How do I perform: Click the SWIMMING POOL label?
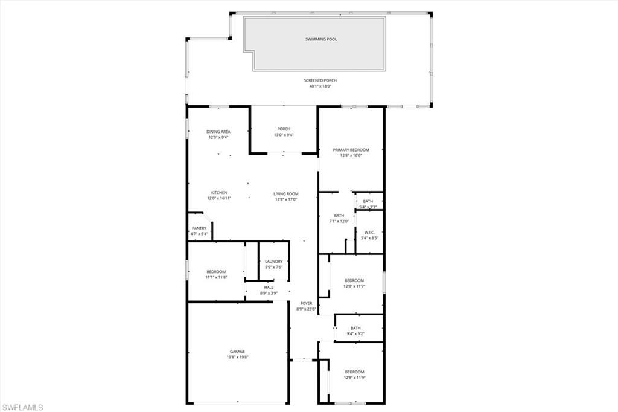320,39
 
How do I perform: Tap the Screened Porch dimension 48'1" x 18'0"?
320,86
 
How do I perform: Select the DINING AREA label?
218,131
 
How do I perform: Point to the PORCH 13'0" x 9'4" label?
284,132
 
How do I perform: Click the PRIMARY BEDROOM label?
351,150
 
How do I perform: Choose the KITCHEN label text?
218,193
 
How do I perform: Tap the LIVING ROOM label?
286,194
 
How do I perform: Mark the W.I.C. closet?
369,232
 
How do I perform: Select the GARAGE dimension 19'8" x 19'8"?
237,357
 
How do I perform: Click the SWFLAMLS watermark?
22,407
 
